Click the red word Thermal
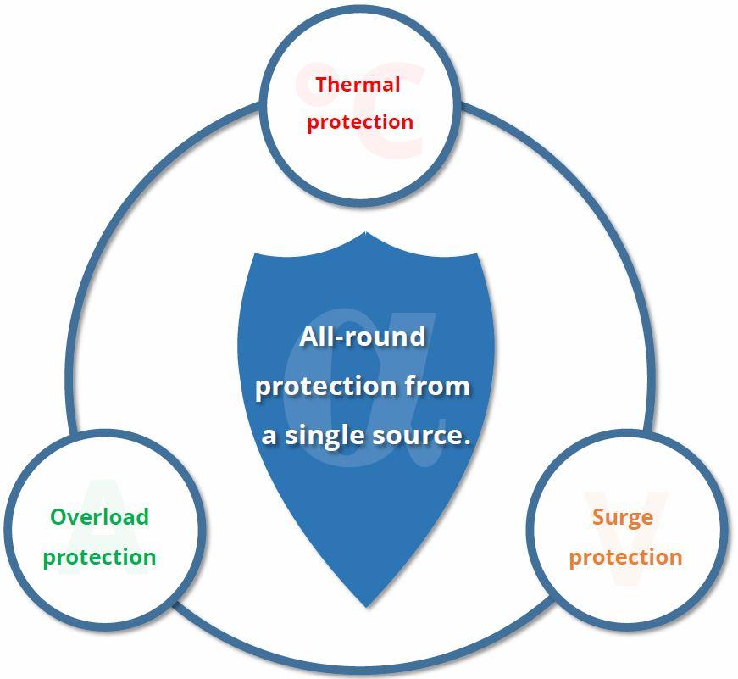tap(357, 85)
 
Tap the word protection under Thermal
tap(360, 121)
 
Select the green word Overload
tap(99, 517)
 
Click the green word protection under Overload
tap(99, 557)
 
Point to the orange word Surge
tap(622, 517)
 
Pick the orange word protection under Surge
tap(625, 557)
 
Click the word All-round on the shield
tap(362, 337)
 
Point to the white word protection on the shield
tap(326, 387)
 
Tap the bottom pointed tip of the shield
tap(366, 605)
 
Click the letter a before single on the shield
tap(269, 437)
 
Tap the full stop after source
tap(465, 442)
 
